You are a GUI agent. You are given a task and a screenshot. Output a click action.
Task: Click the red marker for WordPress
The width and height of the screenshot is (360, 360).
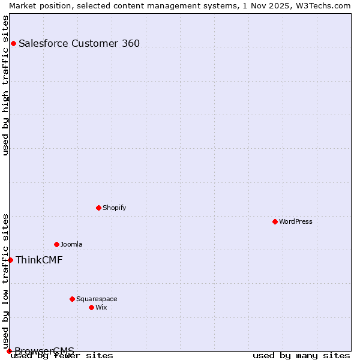pyautogui.click(x=275, y=221)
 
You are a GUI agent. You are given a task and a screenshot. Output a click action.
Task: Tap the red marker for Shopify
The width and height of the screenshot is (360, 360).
pyautogui.click(x=98, y=208)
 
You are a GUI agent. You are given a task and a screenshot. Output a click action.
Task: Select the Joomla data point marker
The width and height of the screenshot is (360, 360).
pyautogui.click(x=56, y=244)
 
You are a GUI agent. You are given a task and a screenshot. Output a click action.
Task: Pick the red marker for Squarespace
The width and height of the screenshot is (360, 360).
pyautogui.click(x=72, y=299)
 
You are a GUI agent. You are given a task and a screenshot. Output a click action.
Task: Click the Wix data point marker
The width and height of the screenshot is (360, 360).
pyautogui.click(x=91, y=307)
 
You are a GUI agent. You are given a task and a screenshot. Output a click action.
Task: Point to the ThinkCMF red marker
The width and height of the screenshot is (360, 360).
pyautogui.click(x=10, y=260)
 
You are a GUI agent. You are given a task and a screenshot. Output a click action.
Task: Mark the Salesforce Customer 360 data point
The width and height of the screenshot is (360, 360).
pyautogui.click(x=13, y=43)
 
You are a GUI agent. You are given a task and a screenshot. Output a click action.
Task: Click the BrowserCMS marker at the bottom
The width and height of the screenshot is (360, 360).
pyautogui.click(x=9, y=351)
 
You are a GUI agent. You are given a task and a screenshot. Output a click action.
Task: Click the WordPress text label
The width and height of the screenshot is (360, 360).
pyautogui.click(x=296, y=221)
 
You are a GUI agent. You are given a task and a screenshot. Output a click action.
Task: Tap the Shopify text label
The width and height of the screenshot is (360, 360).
pyautogui.click(x=115, y=208)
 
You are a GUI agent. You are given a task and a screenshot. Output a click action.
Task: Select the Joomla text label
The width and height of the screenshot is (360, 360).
pyautogui.click(x=71, y=244)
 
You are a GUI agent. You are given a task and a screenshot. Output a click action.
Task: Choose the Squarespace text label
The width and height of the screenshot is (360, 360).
pyautogui.click(x=97, y=299)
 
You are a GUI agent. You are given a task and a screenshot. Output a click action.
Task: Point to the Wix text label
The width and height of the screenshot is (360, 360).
pyautogui.click(x=101, y=307)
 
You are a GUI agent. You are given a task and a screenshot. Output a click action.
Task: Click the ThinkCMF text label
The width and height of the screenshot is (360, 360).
pyautogui.click(x=39, y=260)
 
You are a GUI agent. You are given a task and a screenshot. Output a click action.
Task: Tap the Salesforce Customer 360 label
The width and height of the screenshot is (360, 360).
pyautogui.click(x=79, y=43)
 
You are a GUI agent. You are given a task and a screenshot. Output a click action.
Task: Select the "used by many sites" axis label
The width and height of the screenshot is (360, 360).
pyautogui.click(x=301, y=355)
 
